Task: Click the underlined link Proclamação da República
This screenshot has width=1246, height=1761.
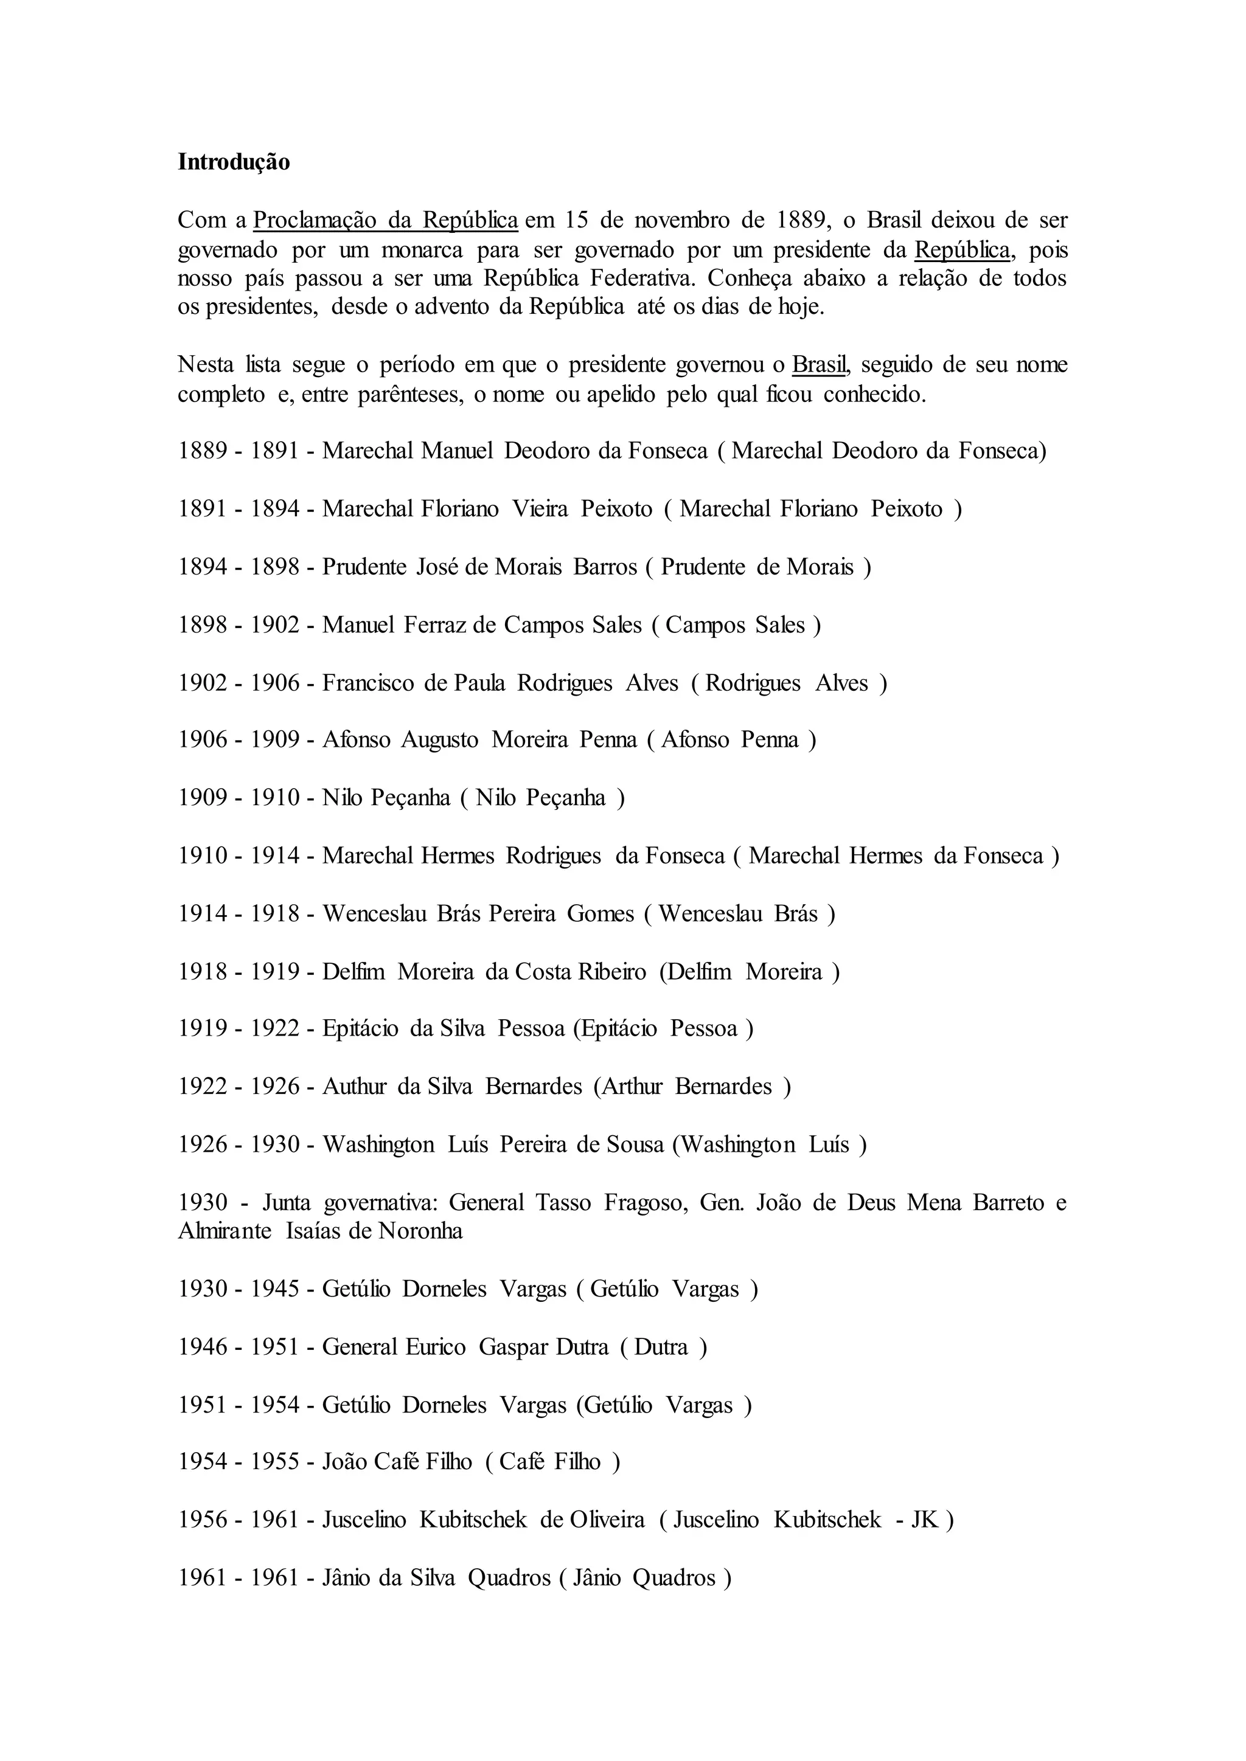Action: click(x=385, y=220)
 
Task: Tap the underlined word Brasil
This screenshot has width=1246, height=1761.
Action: click(x=820, y=364)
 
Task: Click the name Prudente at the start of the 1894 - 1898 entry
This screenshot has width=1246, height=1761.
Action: click(x=364, y=567)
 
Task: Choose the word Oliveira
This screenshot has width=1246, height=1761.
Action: click(x=607, y=1520)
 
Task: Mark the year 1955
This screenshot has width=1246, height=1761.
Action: click(x=274, y=1462)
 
